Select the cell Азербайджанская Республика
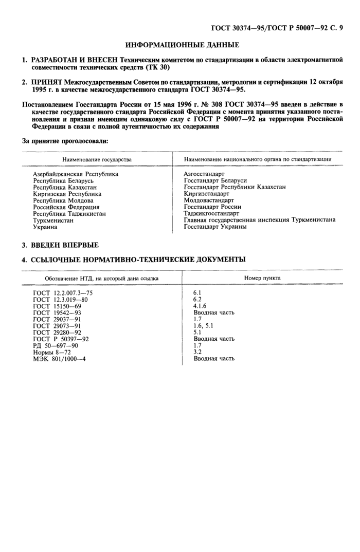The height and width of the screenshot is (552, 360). pos(76,174)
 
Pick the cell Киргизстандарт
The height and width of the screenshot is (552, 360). pos(206,194)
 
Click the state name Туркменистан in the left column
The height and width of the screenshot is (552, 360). pos(53,220)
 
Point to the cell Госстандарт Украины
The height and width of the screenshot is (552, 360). pos(215,227)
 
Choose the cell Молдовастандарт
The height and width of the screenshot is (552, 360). pos(208,200)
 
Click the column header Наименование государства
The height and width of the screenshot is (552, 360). pos(97,160)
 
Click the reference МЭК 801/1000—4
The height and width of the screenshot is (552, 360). pos(59,359)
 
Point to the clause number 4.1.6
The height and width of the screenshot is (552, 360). pos(200,306)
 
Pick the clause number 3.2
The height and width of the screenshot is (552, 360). pos(197,352)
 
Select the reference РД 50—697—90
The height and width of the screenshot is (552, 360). pos(56,345)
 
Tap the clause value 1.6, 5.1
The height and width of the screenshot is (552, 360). pos(203,326)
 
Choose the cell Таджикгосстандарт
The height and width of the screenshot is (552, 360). pos(211,213)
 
